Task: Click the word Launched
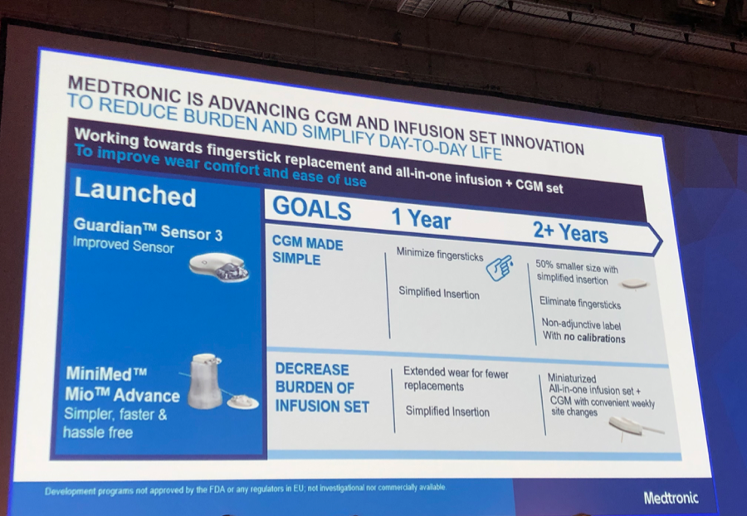pyautogui.click(x=134, y=192)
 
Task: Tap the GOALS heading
pyautogui.click(x=311, y=208)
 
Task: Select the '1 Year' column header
pyautogui.click(x=421, y=219)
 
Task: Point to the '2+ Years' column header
pyautogui.click(x=570, y=232)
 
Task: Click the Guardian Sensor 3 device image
pyautogui.click(x=218, y=267)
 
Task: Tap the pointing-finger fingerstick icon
pyautogui.click(x=500, y=268)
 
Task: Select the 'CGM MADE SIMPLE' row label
pyautogui.click(x=307, y=251)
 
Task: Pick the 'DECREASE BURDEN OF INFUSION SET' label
pyautogui.click(x=322, y=387)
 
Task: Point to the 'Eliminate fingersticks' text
pyautogui.click(x=580, y=303)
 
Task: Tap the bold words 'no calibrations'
pyautogui.click(x=594, y=338)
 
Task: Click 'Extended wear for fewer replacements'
pyautogui.click(x=456, y=379)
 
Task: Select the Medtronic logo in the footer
pyautogui.click(x=671, y=498)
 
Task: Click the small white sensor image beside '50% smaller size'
pyautogui.click(x=634, y=285)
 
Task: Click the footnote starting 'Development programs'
pyautogui.click(x=246, y=489)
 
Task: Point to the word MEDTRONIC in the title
pyautogui.click(x=124, y=89)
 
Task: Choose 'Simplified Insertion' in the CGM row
pyautogui.click(x=439, y=293)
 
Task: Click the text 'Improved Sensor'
pyautogui.click(x=123, y=246)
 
